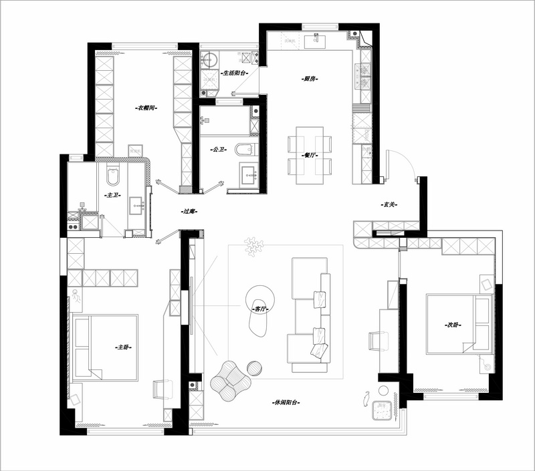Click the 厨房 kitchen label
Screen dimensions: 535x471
(310, 79)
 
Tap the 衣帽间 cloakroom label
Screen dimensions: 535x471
(146, 108)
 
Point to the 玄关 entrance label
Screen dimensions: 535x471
(389, 205)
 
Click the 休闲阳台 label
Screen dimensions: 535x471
(286, 402)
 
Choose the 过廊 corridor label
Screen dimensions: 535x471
(189, 211)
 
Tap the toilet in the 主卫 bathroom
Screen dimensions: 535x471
(113, 175)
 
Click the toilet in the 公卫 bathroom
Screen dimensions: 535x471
(245, 150)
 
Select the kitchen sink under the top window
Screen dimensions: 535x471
(315, 42)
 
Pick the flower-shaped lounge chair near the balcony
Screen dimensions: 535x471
(231, 381)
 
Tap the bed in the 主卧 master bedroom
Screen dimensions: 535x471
(106, 347)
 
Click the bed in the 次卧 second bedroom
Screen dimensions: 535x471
(459, 324)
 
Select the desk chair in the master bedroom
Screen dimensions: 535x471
(162, 389)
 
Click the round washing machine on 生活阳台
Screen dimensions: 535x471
(209, 60)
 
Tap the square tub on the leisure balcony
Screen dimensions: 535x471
(382, 411)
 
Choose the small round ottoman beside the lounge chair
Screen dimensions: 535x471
(255, 368)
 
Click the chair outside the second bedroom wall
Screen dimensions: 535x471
(378, 341)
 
